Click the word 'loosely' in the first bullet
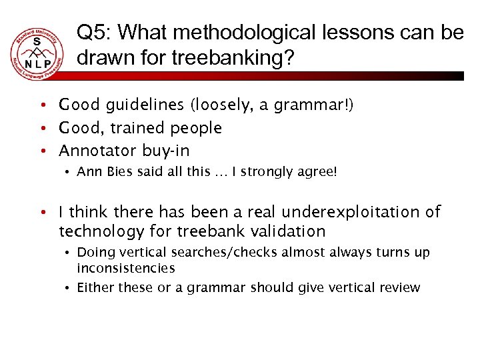pos(222,105)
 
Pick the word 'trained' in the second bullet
pos(140,127)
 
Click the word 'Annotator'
pos(97,150)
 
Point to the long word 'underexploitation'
pos(358,212)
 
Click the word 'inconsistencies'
pos(126,268)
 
